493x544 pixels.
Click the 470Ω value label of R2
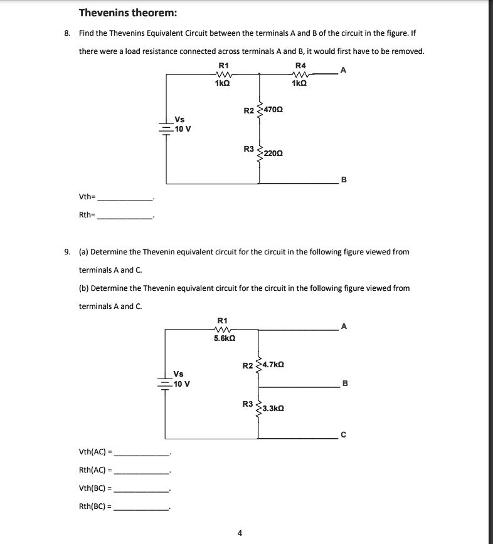point(274,110)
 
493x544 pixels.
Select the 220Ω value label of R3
point(274,153)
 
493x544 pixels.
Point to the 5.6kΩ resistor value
point(224,338)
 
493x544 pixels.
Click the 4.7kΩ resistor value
point(274,364)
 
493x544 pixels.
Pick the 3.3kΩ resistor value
point(274,408)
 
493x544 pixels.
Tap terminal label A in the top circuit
point(343,70)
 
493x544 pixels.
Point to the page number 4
point(239,533)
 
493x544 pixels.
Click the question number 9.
point(66,252)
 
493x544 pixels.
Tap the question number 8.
point(66,33)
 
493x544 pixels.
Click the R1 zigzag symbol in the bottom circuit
point(223,330)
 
